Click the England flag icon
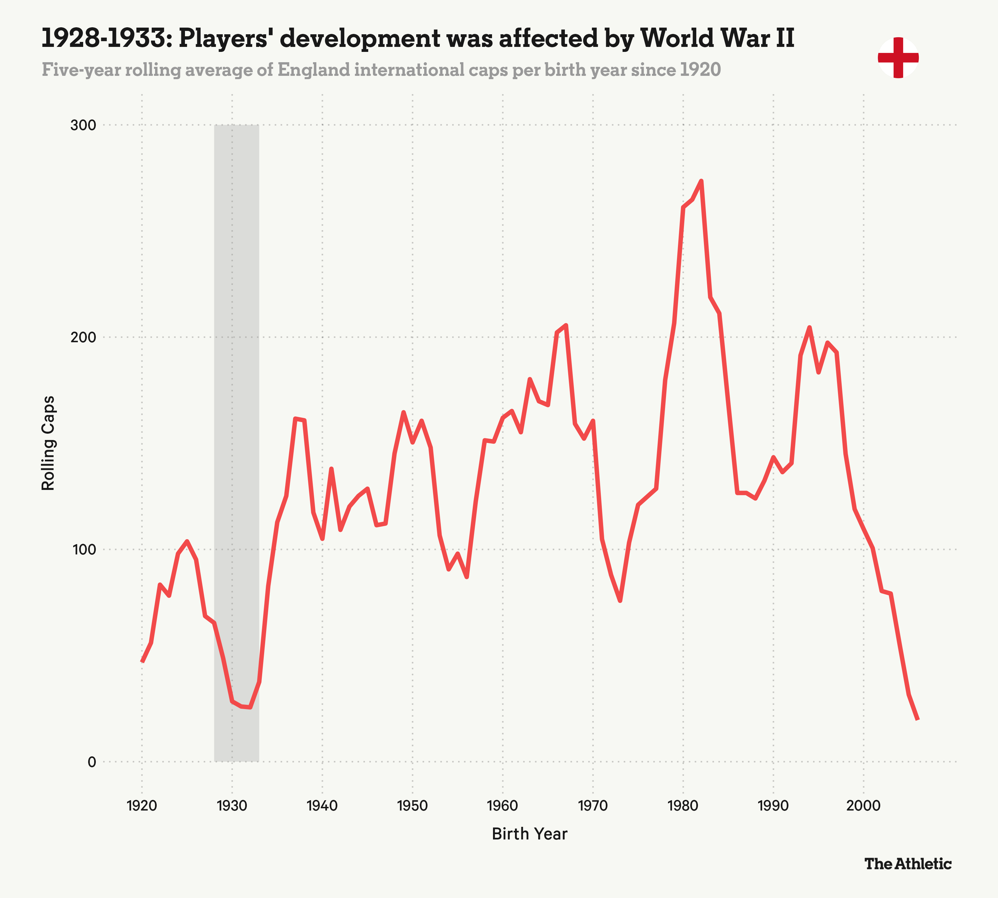[x=898, y=58]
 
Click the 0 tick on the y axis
[x=91, y=762]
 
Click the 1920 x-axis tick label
[x=142, y=806]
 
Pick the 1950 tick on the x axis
[x=412, y=806]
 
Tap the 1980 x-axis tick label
[x=683, y=806]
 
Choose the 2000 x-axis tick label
[x=863, y=806]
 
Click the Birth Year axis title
[x=530, y=834]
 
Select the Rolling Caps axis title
[x=48, y=443]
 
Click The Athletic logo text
[x=908, y=864]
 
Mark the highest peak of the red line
[x=701, y=181]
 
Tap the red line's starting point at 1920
[x=142, y=662]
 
